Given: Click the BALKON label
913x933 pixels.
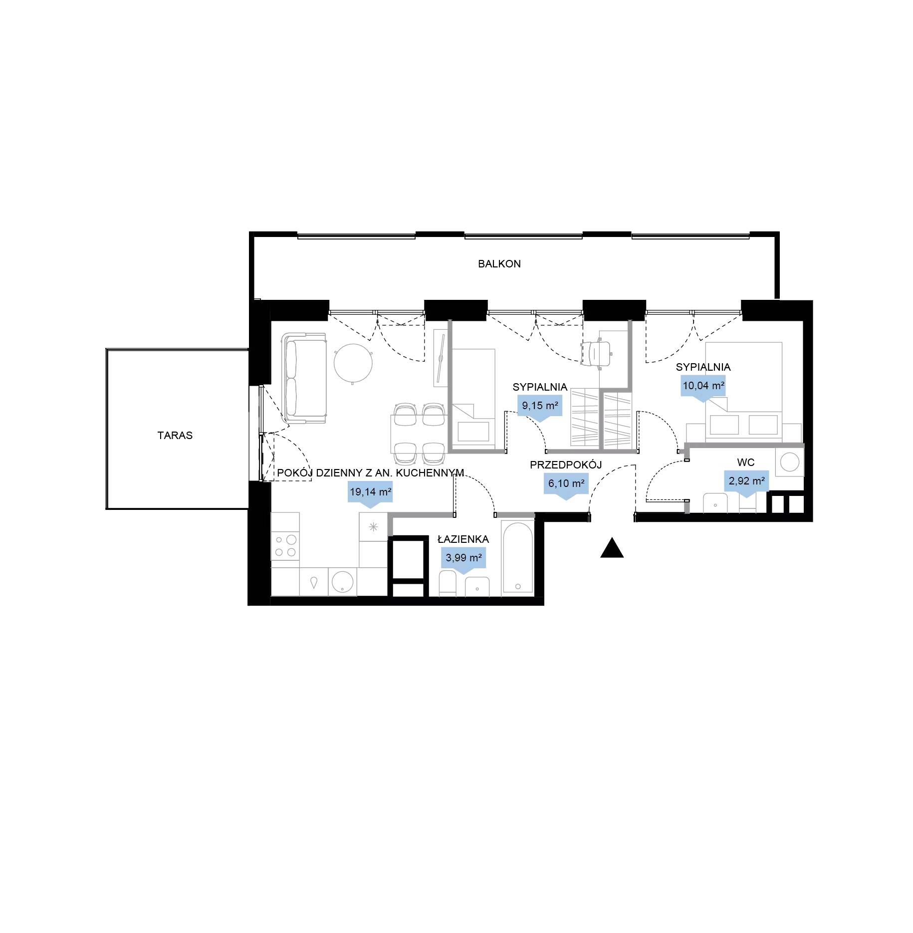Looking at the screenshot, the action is (499, 264).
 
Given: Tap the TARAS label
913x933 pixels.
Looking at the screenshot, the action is (175, 436).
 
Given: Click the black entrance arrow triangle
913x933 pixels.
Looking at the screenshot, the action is (612, 547).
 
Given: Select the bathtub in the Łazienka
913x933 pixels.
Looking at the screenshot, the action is (517, 558).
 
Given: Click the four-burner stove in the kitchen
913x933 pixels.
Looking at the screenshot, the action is (285, 545).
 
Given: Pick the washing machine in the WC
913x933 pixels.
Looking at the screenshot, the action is (790, 462).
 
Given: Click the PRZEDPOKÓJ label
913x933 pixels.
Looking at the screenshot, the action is (566, 465).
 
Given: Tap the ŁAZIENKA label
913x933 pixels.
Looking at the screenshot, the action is (463, 539).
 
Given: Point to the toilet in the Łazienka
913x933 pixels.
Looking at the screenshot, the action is (448, 584).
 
